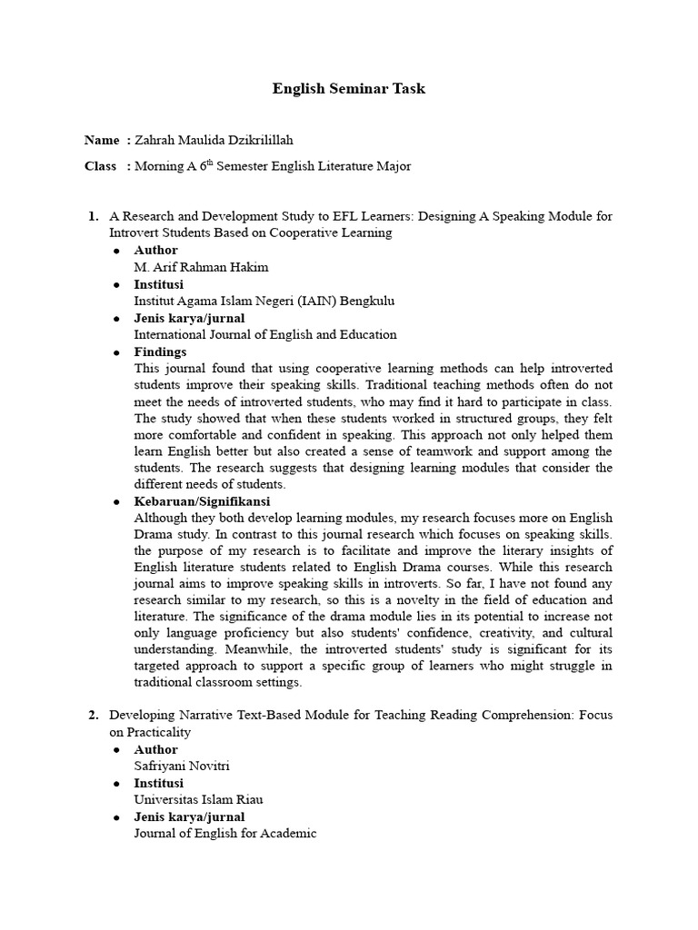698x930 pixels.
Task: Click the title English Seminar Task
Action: pyautogui.click(x=349, y=89)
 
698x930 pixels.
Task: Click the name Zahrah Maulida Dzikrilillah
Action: pyautogui.click(x=214, y=140)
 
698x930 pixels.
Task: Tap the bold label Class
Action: pyautogui.click(x=101, y=166)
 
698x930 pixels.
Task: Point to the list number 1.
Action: pyautogui.click(x=93, y=216)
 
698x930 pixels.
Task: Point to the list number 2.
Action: pyautogui.click(x=93, y=715)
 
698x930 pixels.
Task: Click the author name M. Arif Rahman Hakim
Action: pyautogui.click(x=202, y=267)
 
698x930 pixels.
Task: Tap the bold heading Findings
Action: pyautogui.click(x=160, y=351)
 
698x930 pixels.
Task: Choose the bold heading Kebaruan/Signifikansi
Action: pyautogui.click(x=202, y=501)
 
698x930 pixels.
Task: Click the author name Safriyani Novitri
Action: pyautogui.click(x=182, y=766)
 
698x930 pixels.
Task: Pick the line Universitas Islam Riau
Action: pyautogui.click(x=199, y=799)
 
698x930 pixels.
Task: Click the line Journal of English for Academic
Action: pyautogui.click(x=225, y=833)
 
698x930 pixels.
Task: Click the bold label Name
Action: pyautogui.click(x=102, y=140)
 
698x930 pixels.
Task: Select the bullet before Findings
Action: pyautogui.click(x=115, y=352)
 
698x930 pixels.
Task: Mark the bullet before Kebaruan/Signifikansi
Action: pyautogui.click(x=115, y=502)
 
